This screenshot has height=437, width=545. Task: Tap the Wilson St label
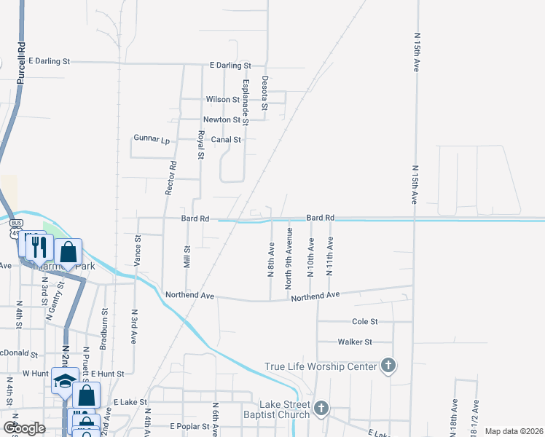click(x=222, y=99)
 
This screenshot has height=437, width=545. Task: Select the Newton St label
click(x=221, y=119)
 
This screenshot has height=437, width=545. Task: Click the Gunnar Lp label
click(x=152, y=138)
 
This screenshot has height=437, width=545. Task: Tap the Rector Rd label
click(x=172, y=176)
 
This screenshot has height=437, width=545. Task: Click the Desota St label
click(x=265, y=92)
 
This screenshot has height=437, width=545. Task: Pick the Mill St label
click(x=187, y=257)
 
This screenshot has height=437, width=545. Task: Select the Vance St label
click(x=137, y=249)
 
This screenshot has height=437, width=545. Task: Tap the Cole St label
click(x=365, y=321)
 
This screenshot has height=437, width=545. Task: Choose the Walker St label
click(x=355, y=342)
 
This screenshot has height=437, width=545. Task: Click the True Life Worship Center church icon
click(x=388, y=366)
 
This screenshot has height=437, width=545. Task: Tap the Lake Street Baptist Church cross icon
click(x=321, y=408)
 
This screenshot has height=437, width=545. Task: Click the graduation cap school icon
click(x=64, y=382)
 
